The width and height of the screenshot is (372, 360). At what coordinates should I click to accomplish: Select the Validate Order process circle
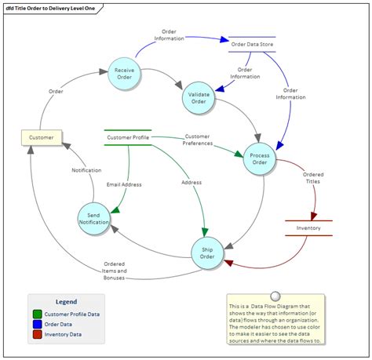coord(199,97)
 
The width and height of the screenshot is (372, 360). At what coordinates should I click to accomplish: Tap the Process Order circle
coord(260,160)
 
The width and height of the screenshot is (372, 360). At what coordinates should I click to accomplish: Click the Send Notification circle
coord(94,218)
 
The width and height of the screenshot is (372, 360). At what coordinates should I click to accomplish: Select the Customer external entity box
coord(42,137)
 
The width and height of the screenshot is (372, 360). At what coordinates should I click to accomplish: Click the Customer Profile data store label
coord(127,138)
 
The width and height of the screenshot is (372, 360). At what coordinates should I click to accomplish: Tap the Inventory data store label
coord(308,228)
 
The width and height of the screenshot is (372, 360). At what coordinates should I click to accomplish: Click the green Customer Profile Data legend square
coord(38,314)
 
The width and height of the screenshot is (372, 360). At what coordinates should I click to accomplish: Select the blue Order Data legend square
coord(38,324)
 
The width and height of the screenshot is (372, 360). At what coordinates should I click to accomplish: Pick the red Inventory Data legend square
coord(38,334)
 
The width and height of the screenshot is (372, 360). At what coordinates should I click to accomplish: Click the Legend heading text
coord(66,301)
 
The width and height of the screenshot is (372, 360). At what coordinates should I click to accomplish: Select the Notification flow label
coord(86,170)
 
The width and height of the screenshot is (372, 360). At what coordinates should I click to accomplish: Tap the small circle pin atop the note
coord(275,297)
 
